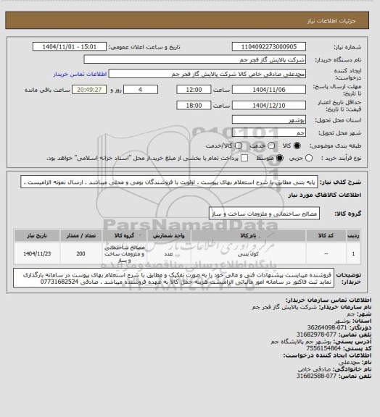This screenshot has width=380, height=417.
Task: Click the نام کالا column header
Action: point(248,235)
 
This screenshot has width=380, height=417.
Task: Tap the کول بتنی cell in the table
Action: point(248,255)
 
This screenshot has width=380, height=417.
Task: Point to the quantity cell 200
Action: point(80,255)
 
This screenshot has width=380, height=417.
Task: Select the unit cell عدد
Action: point(168,255)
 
